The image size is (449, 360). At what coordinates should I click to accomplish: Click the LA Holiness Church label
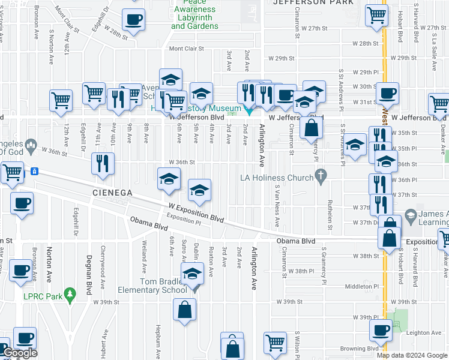point(277,178)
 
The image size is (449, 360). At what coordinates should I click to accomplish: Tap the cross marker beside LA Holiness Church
point(321,176)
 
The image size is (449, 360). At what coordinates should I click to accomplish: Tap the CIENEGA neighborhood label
point(112,193)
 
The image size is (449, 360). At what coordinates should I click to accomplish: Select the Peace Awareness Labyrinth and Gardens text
point(194,18)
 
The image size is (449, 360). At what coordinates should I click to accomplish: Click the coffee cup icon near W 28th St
point(133,19)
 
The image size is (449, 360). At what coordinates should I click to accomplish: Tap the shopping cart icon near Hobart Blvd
point(376,15)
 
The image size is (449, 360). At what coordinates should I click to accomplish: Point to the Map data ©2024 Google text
point(412,355)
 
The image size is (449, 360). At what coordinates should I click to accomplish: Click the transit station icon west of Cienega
point(35,171)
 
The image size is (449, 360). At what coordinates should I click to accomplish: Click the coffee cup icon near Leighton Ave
point(380,329)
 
